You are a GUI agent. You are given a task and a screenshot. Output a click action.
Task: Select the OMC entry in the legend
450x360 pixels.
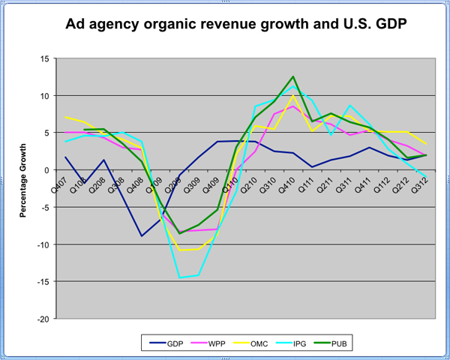point(263,343)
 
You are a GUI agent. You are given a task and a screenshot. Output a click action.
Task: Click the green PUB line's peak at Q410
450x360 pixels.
point(293,76)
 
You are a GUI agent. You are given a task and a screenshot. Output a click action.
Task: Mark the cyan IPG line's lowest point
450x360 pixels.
point(179,278)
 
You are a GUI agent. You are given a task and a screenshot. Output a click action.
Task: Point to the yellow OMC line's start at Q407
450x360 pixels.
point(66,117)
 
